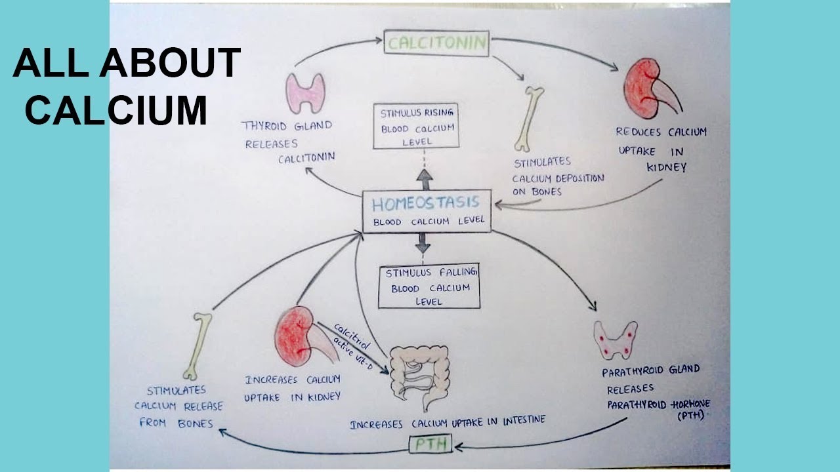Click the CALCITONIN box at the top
[x=436, y=43]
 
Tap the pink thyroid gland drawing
[x=305, y=92]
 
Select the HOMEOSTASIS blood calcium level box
[x=427, y=212]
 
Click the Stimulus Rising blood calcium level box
[x=415, y=125]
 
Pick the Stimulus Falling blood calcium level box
[x=429, y=286]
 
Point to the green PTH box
[x=430, y=445]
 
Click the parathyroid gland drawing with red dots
[x=615, y=340]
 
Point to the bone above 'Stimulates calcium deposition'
[x=530, y=119]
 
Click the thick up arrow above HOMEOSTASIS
[x=425, y=179]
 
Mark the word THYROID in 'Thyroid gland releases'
[x=264, y=126]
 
